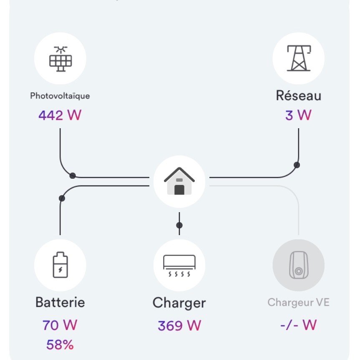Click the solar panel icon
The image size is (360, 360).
(60, 58)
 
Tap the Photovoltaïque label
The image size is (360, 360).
(60, 96)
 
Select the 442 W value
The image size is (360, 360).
(60, 115)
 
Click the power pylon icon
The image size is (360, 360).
(298, 58)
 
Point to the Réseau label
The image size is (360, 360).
(298, 96)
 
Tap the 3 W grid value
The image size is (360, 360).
(298, 115)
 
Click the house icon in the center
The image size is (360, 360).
(179, 181)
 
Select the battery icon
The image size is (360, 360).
(60, 265)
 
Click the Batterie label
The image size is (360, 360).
(60, 302)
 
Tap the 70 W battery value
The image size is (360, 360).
(60, 325)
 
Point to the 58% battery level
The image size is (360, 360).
(60, 345)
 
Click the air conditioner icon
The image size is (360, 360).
(179, 265)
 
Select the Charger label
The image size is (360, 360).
(179, 303)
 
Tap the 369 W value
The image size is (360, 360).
(179, 325)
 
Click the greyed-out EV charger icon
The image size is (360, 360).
(298, 265)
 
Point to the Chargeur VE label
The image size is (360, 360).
(298, 302)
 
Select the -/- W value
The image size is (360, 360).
(298, 325)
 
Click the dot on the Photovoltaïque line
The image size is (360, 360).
(73, 175)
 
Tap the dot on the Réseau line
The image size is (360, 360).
(297, 165)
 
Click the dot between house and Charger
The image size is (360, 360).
(179, 226)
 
